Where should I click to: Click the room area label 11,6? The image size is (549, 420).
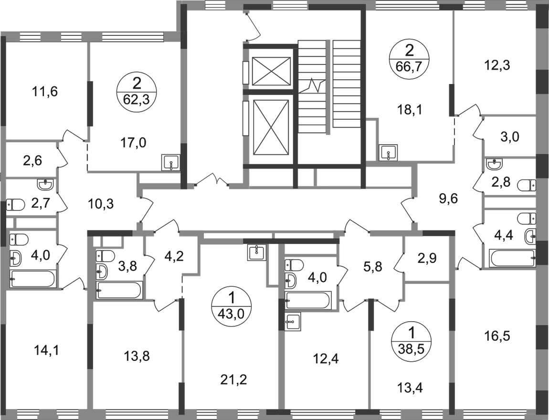44,92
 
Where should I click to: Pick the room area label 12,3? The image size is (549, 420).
498,65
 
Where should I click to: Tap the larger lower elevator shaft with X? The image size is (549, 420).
271,126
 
